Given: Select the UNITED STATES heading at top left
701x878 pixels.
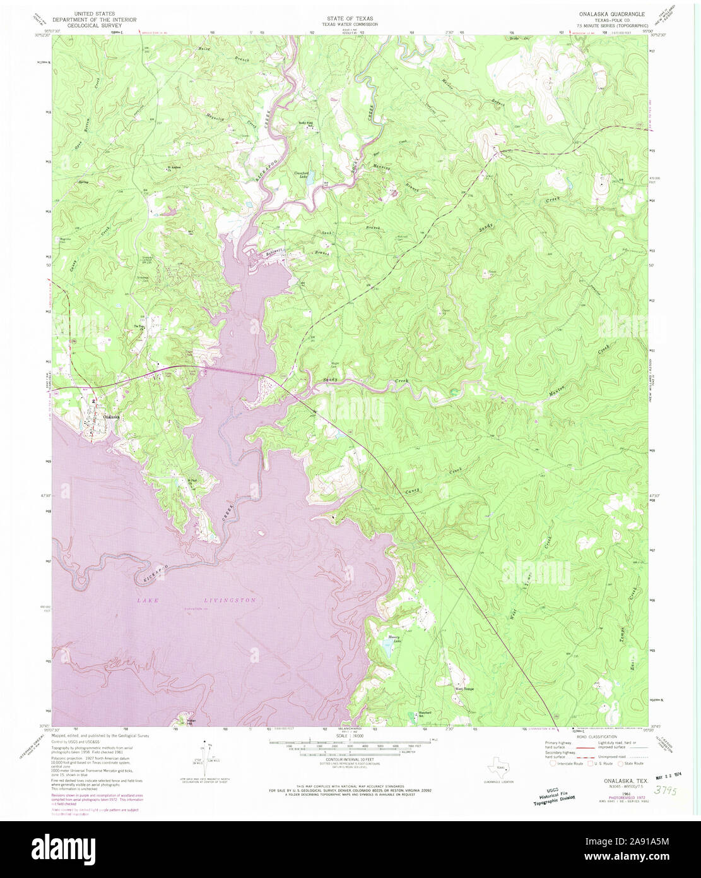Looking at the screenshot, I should [94, 13].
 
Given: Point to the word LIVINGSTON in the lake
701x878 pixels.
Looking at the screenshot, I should [230, 600].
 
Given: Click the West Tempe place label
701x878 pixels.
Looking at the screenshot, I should [464, 689].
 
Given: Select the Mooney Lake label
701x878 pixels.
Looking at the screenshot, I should [395, 639].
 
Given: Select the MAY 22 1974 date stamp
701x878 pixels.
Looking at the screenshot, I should [670, 772].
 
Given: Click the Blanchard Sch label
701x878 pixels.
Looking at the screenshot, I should [425, 714].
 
